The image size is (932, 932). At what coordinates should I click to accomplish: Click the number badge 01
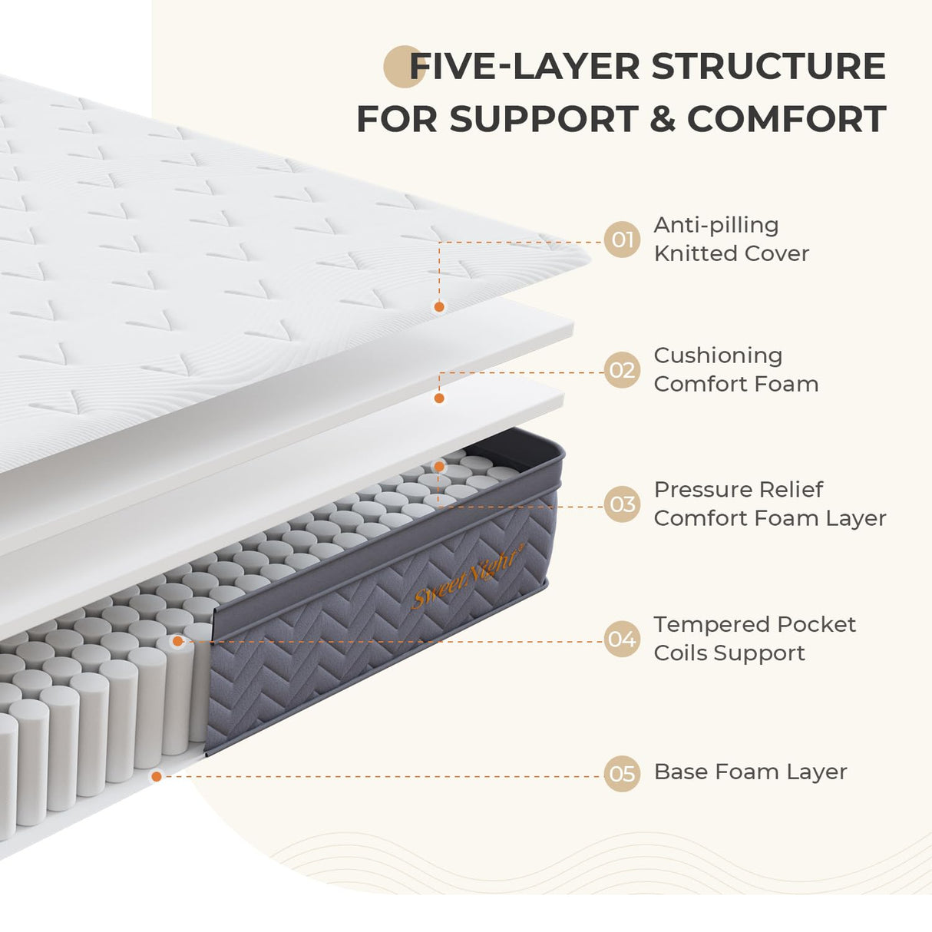[x=622, y=240]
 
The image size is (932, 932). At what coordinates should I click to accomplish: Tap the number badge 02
[x=622, y=370]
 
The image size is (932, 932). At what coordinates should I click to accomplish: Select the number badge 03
[x=622, y=504]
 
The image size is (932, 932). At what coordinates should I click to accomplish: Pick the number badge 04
[x=622, y=639]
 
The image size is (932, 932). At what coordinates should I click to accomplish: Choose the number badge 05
[x=622, y=773]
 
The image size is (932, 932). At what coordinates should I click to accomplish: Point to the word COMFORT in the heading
[x=786, y=120]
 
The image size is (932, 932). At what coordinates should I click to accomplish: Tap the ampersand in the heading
[x=662, y=120]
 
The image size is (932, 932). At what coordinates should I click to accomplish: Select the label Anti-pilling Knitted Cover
[x=731, y=239]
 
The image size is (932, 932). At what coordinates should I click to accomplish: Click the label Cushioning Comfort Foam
[x=735, y=369]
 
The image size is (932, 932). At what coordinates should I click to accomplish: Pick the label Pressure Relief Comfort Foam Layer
[x=769, y=504]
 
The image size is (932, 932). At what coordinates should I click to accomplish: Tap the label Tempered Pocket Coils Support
[x=754, y=638]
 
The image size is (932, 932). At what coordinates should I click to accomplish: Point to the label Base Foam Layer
[x=750, y=772]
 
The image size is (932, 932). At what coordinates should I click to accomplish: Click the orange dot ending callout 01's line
[x=439, y=307]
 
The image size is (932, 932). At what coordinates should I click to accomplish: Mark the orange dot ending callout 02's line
[x=439, y=398]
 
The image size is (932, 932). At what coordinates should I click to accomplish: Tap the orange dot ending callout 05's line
[x=157, y=777]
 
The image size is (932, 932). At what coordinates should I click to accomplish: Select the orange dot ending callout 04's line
[x=178, y=641]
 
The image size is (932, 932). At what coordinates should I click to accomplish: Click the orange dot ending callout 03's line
[x=439, y=466]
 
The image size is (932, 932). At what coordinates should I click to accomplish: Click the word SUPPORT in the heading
[x=544, y=120]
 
